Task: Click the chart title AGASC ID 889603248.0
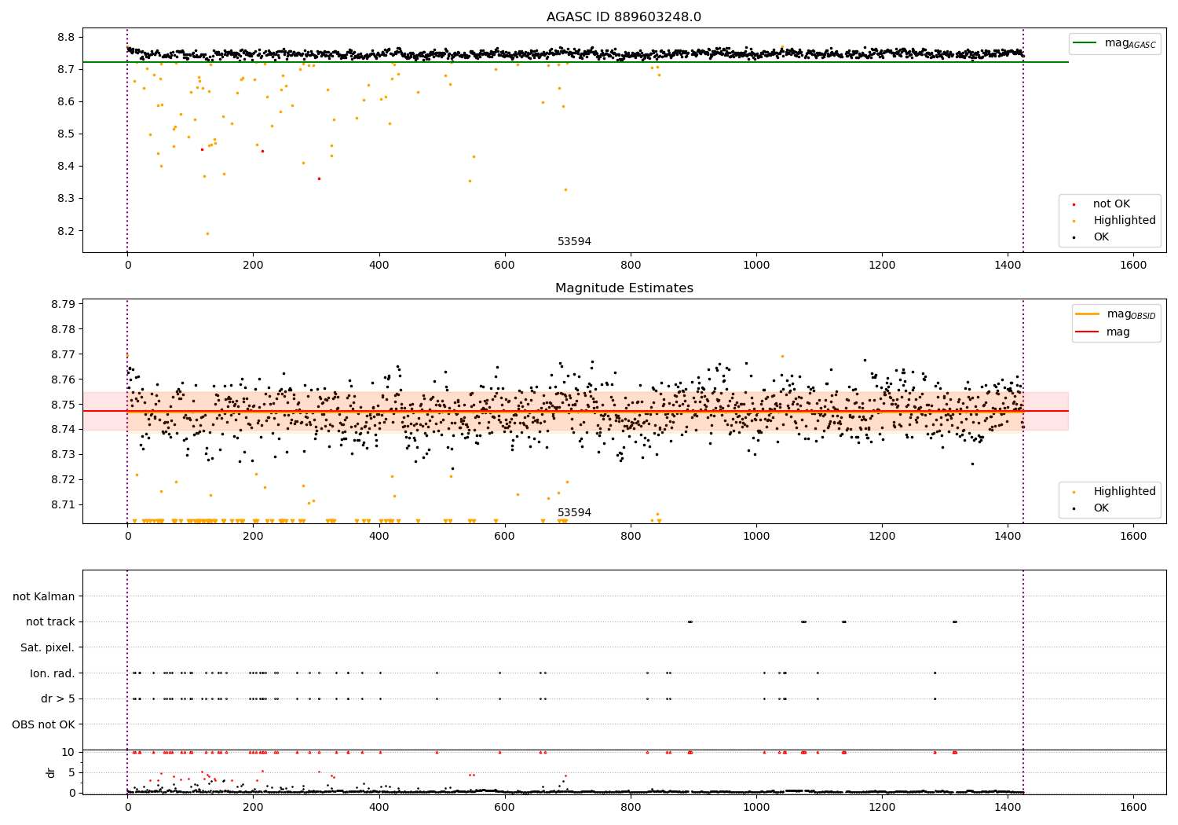pyautogui.click(x=624, y=17)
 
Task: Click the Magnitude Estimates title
pyautogui.click(x=624, y=288)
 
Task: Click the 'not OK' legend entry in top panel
pyautogui.click(x=1111, y=204)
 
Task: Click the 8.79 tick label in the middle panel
pyautogui.click(x=62, y=304)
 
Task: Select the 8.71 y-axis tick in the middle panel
pyautogui.click(x=62, y=504)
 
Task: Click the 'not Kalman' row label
pyautogui.click(x=44, y=596)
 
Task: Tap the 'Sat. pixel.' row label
pyautogui.click(x=48, y=647)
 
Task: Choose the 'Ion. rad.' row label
pyautogui.click(x=53, y=673)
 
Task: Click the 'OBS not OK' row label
pyautogui.click(x=44, y=724)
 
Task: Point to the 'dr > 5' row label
pyautogui.click(x=58, y=698)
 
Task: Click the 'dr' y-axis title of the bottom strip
pyautogui.click(x=51, y=772)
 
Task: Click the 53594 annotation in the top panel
pyautogui.click(x=574, y=242)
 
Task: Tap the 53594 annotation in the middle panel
pyautogui.click(x=574, y=513)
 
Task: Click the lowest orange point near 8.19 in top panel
pyautogui.click(x=207, y=233)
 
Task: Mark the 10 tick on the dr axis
pyautogui.click(x=68, y=752)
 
